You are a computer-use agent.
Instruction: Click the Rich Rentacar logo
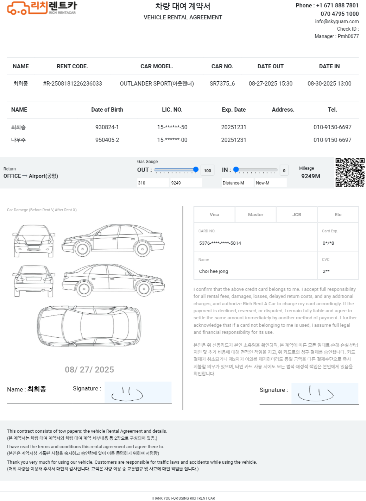pos(42,8)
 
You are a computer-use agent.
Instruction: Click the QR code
pos(350,173)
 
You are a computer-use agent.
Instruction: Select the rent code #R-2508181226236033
pos(72,84)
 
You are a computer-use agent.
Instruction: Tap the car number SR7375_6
pos(222,84)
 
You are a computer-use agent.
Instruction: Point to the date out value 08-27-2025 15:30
pos(270,84)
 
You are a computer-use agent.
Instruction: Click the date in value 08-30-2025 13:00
pos(329,84)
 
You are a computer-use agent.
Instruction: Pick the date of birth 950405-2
pos(107,140)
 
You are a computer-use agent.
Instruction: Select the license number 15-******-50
pos(172,127)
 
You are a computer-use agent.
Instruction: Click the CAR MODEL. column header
pos(157,67)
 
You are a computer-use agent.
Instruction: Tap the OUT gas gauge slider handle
pos(196,170)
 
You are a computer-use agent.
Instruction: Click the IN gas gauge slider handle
pos(236,170)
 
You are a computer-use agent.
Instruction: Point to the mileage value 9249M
pos(310,176)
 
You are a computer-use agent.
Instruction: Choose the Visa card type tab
pos(214,215)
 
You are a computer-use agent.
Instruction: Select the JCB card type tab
pos(297,215)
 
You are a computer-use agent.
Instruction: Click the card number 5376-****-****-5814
pos(220,243)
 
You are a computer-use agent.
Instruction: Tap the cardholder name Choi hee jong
pos(214,271)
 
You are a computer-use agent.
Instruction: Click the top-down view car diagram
pos(89,326)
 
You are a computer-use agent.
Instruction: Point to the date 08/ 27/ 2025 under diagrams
pos(89,370)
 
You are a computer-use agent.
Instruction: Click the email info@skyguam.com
pos(337,21)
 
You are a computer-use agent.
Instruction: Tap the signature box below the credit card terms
pos(324,393)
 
